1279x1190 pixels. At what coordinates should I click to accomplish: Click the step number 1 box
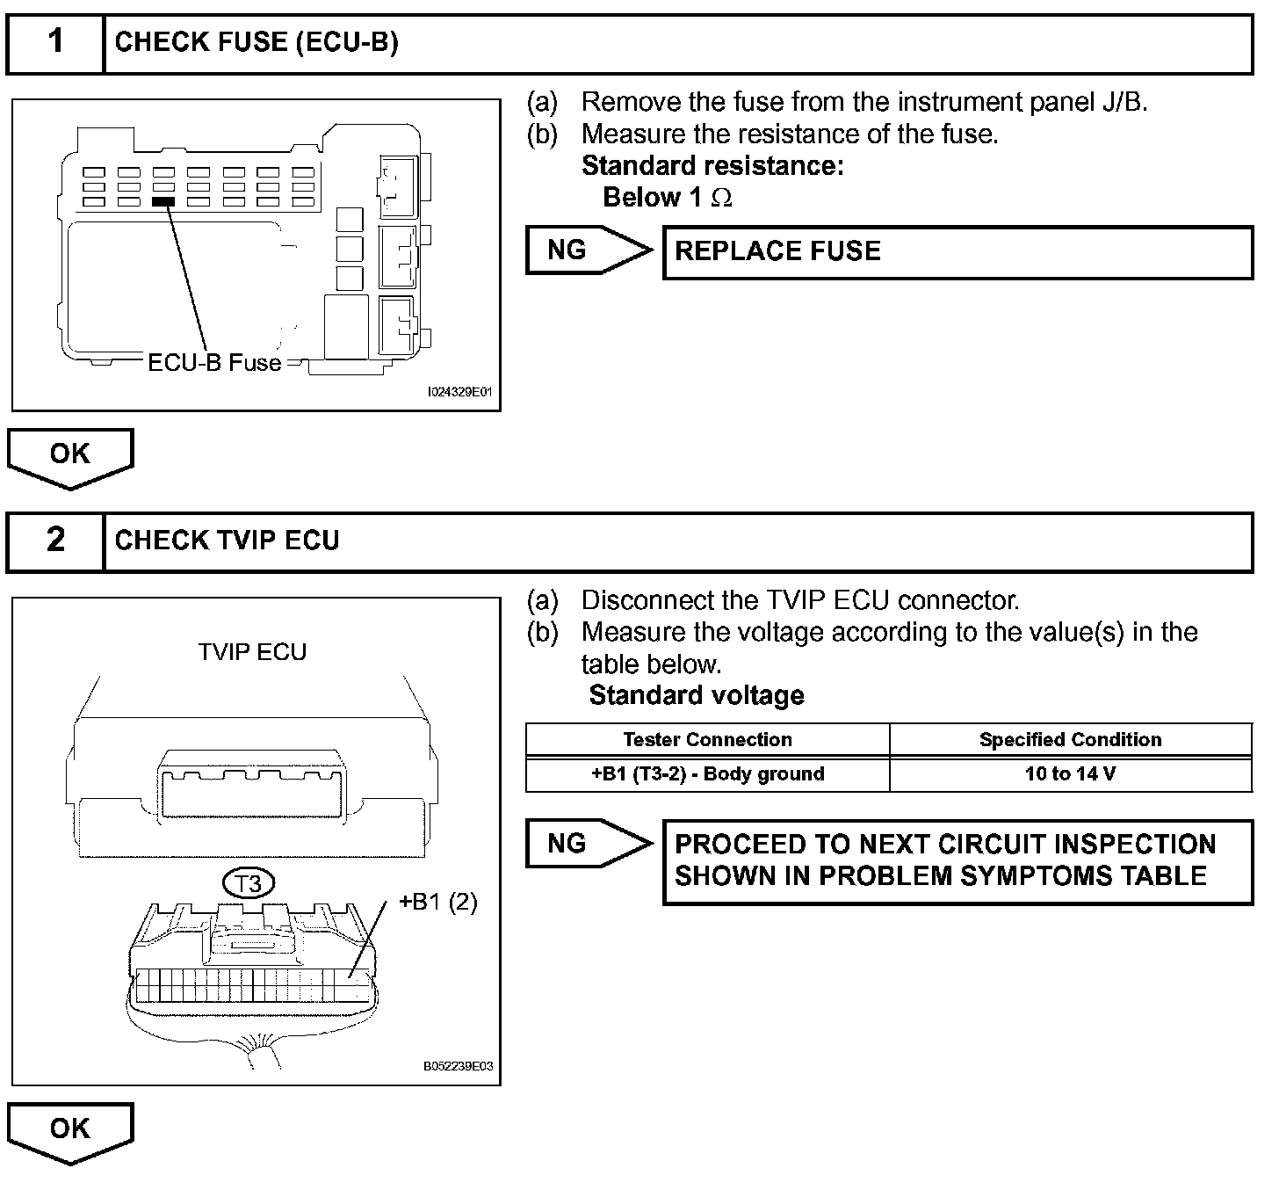coord(55,42)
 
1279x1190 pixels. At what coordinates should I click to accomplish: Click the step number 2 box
coord(55,541)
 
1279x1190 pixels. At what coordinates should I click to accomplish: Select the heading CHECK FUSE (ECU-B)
coord(257,42)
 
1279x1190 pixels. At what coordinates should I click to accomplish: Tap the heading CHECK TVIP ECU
coord(227,541)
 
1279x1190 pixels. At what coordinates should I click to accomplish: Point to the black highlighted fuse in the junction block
coord(163,201)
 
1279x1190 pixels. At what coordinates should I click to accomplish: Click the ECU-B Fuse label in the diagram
coord(214,363)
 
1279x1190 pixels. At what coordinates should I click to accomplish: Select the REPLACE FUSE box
coord(957,252)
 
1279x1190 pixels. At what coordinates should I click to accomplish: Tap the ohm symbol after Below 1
coord(721,199)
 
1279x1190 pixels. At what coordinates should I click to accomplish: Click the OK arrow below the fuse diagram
coord(70,455)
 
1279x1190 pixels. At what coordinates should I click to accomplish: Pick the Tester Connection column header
coord(707,740)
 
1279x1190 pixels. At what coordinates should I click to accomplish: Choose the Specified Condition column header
coord(1070,740)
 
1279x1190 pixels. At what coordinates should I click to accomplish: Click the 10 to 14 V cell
coord(1070,774)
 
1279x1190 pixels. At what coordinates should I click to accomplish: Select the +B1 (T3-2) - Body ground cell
coord(707,774)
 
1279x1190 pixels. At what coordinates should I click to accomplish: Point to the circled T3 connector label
coord(249,883)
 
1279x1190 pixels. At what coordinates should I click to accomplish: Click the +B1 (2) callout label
coord(437,903)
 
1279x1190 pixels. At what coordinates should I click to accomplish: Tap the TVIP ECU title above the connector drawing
coord(252,652)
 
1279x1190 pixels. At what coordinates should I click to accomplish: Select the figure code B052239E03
coord(458,1067)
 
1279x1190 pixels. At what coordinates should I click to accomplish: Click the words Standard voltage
coord(697,696)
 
